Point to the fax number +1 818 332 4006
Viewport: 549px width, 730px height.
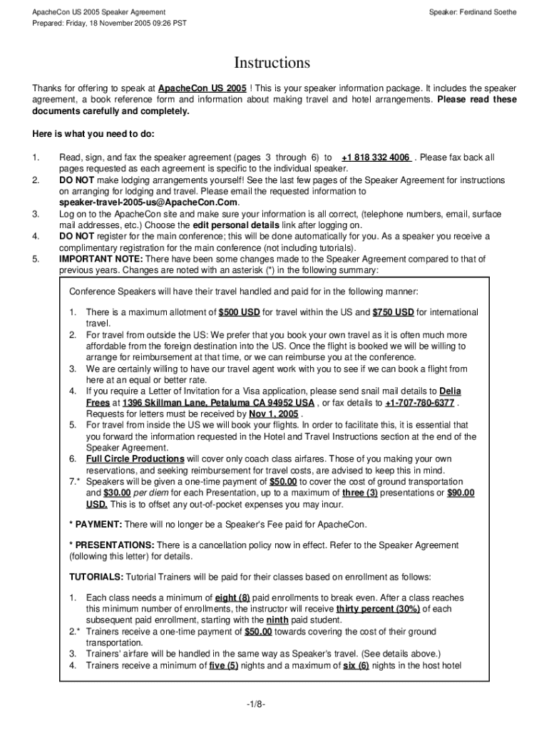pos(376,158)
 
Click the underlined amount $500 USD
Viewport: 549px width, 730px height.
pos(239,312)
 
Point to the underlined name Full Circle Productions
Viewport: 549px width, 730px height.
pos(135,458)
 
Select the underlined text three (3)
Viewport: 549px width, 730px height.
pos(360,493)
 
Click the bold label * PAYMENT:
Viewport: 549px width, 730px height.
pos(96,525)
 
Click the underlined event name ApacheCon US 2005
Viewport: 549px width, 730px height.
pos(202,88)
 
